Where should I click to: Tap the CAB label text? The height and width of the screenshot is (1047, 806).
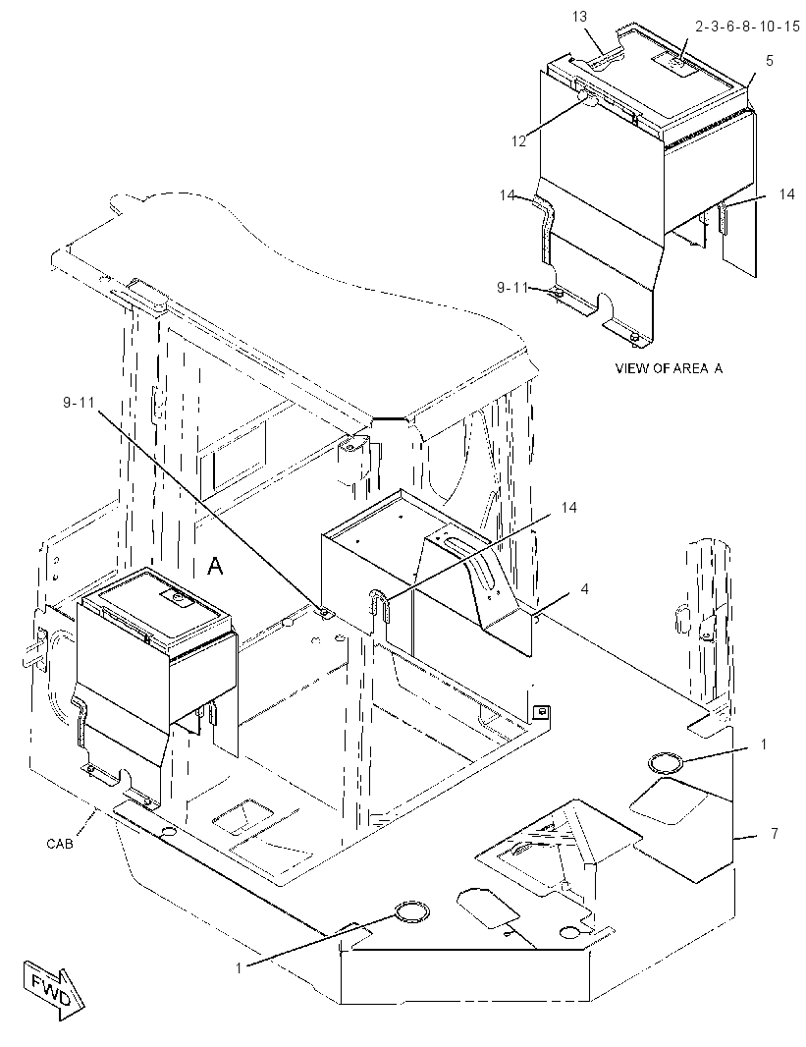click(x=60, y=844)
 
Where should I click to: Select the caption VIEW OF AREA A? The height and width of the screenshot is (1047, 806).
click(x=669, y=368)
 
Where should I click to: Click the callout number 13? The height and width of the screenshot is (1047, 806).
click(x=579, y=17)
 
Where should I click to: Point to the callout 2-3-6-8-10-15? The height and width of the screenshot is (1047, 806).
click(x=747, y=27)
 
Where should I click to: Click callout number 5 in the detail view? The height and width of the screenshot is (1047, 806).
click(x=770, y=61)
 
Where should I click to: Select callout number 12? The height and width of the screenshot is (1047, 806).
click(x=519, y=141)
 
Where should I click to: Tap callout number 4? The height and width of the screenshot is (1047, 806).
click(x=584, y=589)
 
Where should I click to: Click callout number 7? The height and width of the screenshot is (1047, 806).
click(x=774, y=833)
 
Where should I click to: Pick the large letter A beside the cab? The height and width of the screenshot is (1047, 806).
click(x=215, y=567)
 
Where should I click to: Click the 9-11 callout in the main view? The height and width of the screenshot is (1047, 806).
click(x=80, y=404)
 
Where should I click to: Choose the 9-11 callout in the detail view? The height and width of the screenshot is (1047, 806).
click(x=512, y=287)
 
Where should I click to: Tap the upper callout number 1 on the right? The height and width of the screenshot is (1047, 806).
click(x=765, y=744)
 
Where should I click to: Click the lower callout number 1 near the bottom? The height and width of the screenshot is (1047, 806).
click(x=239, y=967)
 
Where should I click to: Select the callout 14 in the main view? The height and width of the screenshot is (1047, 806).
click(x=568, y=508)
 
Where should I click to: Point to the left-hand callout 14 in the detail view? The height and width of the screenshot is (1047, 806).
click(x=508, y=195)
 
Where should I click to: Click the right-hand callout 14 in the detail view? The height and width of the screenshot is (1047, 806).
click(x=786, y=193)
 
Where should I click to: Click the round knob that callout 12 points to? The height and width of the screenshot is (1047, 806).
click(x=587, y=99)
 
